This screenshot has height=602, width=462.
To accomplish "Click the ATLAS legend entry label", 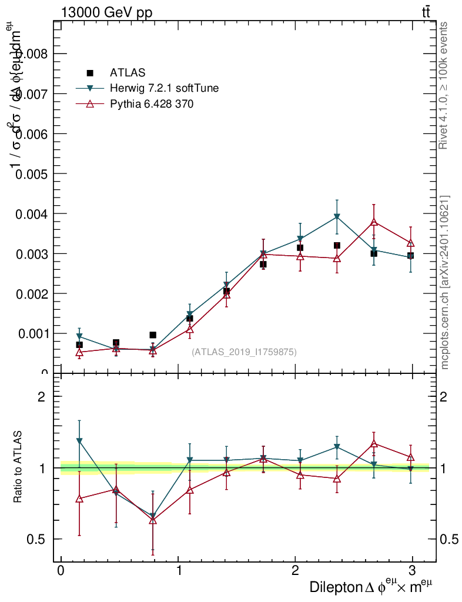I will [x=127, y=73].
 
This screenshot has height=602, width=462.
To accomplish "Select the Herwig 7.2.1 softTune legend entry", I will [x=164, y=89].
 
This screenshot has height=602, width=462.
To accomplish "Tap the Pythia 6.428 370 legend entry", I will [x=152, y=104].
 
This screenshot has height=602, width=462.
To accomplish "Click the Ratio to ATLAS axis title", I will [x=18, y=467].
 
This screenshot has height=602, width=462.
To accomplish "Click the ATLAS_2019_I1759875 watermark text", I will [x=244, y=352].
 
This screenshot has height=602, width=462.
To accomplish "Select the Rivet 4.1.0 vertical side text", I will [x=444, y=85].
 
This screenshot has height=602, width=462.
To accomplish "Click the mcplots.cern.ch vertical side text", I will [x=444, y=282].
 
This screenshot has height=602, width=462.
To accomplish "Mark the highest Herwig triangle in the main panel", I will [x=337, y=217].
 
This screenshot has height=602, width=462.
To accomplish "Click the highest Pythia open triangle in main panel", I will [x=373, y=222].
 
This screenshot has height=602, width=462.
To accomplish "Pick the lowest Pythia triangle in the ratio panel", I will [x=153, y=520].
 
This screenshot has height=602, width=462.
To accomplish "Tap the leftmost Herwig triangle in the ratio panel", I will [x=79, y=440].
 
